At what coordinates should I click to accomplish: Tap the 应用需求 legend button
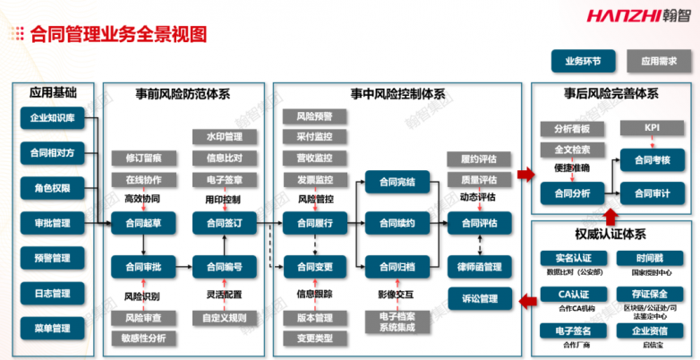click(659, 62)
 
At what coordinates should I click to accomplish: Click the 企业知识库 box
click(53, 117)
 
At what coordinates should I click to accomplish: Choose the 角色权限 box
click(53, 187)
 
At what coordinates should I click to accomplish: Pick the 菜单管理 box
click(53, 328)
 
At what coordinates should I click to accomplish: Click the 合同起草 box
click(143, 223)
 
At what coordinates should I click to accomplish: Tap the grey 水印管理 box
click(224, 137)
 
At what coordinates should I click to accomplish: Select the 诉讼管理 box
click(479, 297)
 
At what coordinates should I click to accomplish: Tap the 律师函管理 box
click(479, 265)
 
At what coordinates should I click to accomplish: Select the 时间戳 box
click(651, 258)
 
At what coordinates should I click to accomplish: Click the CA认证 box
click(572, 294)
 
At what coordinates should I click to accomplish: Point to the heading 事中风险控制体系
click(397, 92)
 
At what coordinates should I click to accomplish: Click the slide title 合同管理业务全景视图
click(118, 34)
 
